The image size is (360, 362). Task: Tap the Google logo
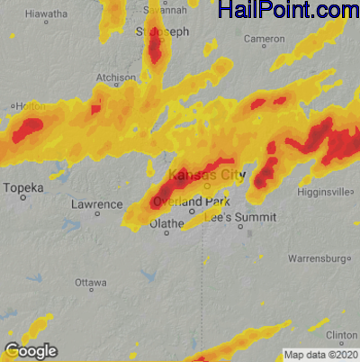[31, 350]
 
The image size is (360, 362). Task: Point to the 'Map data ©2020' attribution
[321, 354]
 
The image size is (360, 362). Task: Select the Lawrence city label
[96, 204]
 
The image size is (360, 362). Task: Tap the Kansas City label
[206, 174]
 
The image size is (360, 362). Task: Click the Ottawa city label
[91, 282]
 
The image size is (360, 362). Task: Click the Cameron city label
[264, 40]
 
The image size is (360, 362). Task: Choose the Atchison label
[116, 78]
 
